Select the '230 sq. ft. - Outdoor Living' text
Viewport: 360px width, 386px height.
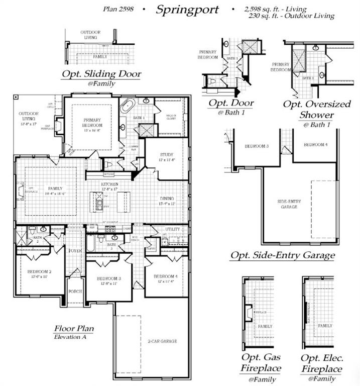(x=291, y=16)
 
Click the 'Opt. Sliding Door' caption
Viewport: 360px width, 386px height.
(x=101, y=74)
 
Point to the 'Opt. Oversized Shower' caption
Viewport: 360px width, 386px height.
(x=317, y=110)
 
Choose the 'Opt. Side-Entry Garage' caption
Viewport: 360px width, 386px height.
(x=283, y=255)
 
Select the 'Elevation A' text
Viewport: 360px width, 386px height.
(x=70, y=337)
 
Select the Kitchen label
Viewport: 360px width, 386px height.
(x=109, y=185)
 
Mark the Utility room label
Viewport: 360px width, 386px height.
(x=172, y=229)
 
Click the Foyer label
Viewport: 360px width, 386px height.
(x=75, y=250)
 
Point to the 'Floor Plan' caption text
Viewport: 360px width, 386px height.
(x=74, y=329)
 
